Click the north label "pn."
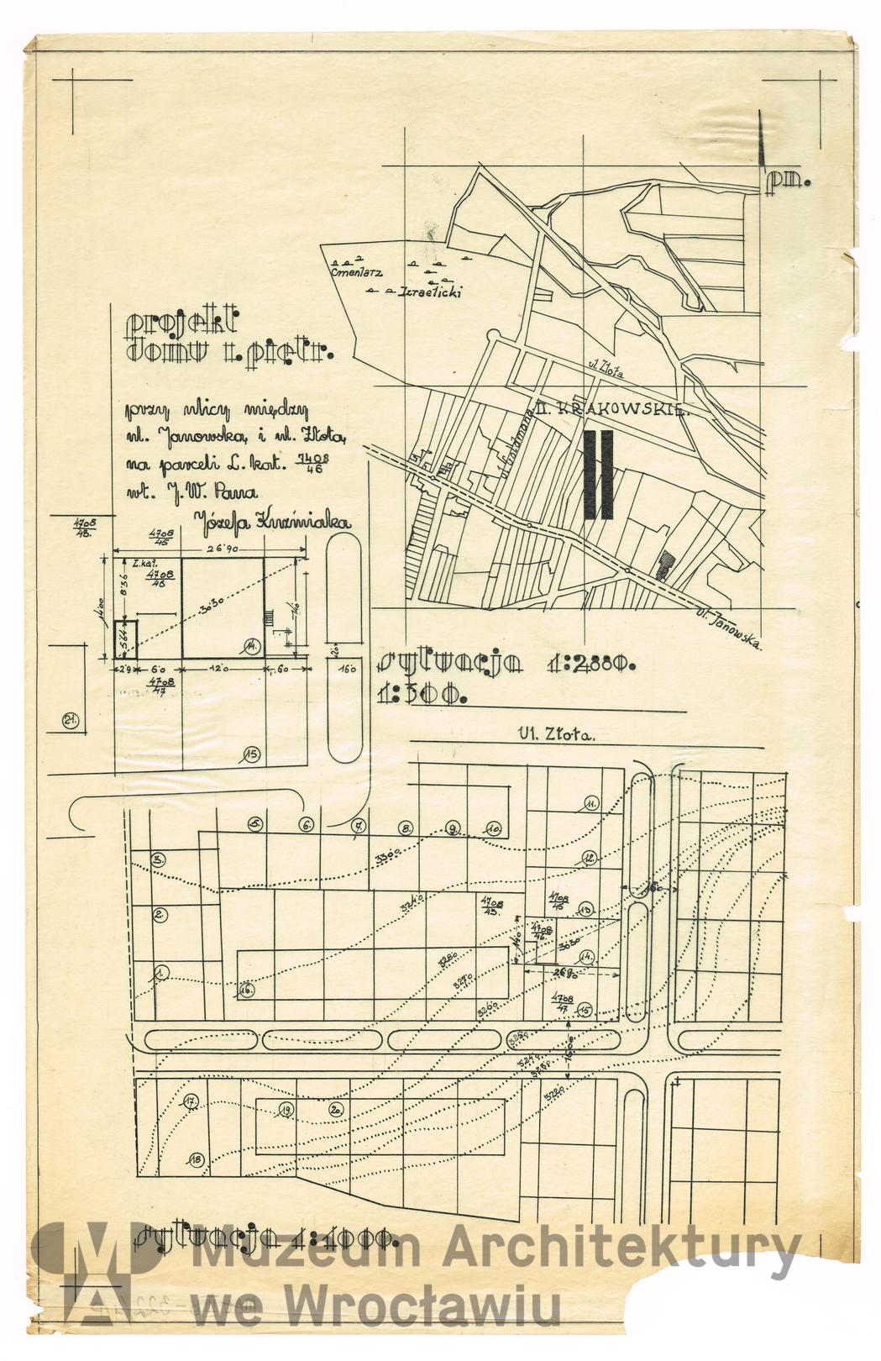click(x=790, y=180)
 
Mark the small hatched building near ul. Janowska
click(x=665, y=565)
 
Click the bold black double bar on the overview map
click(x=599, y=475)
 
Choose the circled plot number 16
click(x=246, y=990)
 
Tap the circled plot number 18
click(x=196, y=1160)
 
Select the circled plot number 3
click(x=158, y=859)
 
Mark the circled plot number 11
click(x=591, y=804)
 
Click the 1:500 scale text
click(x=422, y=695)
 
